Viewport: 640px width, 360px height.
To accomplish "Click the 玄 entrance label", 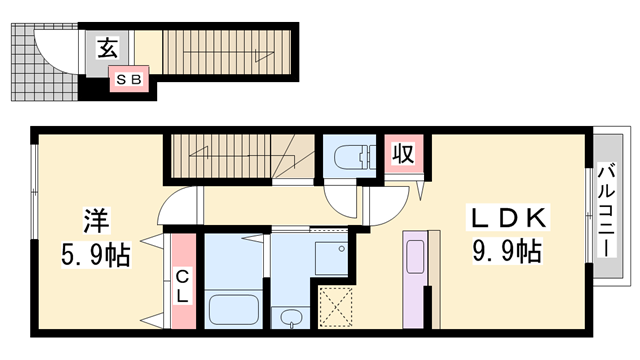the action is tap(108, 48).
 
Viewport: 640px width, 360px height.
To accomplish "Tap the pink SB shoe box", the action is tap(129, 79).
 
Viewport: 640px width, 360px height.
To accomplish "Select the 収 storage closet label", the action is tap(403, 154).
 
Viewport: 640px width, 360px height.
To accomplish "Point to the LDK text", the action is tap(508, 218).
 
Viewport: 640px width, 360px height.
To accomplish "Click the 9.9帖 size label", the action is tap(507, 251).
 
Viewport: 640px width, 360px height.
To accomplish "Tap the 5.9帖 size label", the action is tap(96, 255).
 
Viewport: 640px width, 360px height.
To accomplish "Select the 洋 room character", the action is tap(96, 221).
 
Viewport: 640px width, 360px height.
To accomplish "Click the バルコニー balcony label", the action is tap(607, 210).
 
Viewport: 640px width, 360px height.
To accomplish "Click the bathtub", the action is tap(234, 310).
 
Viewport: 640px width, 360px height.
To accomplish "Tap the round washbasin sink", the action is tap(291, 317).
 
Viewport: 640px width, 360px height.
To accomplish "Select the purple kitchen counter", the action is tap(414, 279).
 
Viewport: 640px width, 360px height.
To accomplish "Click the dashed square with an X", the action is tap(335, 307).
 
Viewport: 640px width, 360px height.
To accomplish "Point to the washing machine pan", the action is tap(331, 258).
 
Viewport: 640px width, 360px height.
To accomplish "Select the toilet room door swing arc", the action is tap(337, 207).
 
